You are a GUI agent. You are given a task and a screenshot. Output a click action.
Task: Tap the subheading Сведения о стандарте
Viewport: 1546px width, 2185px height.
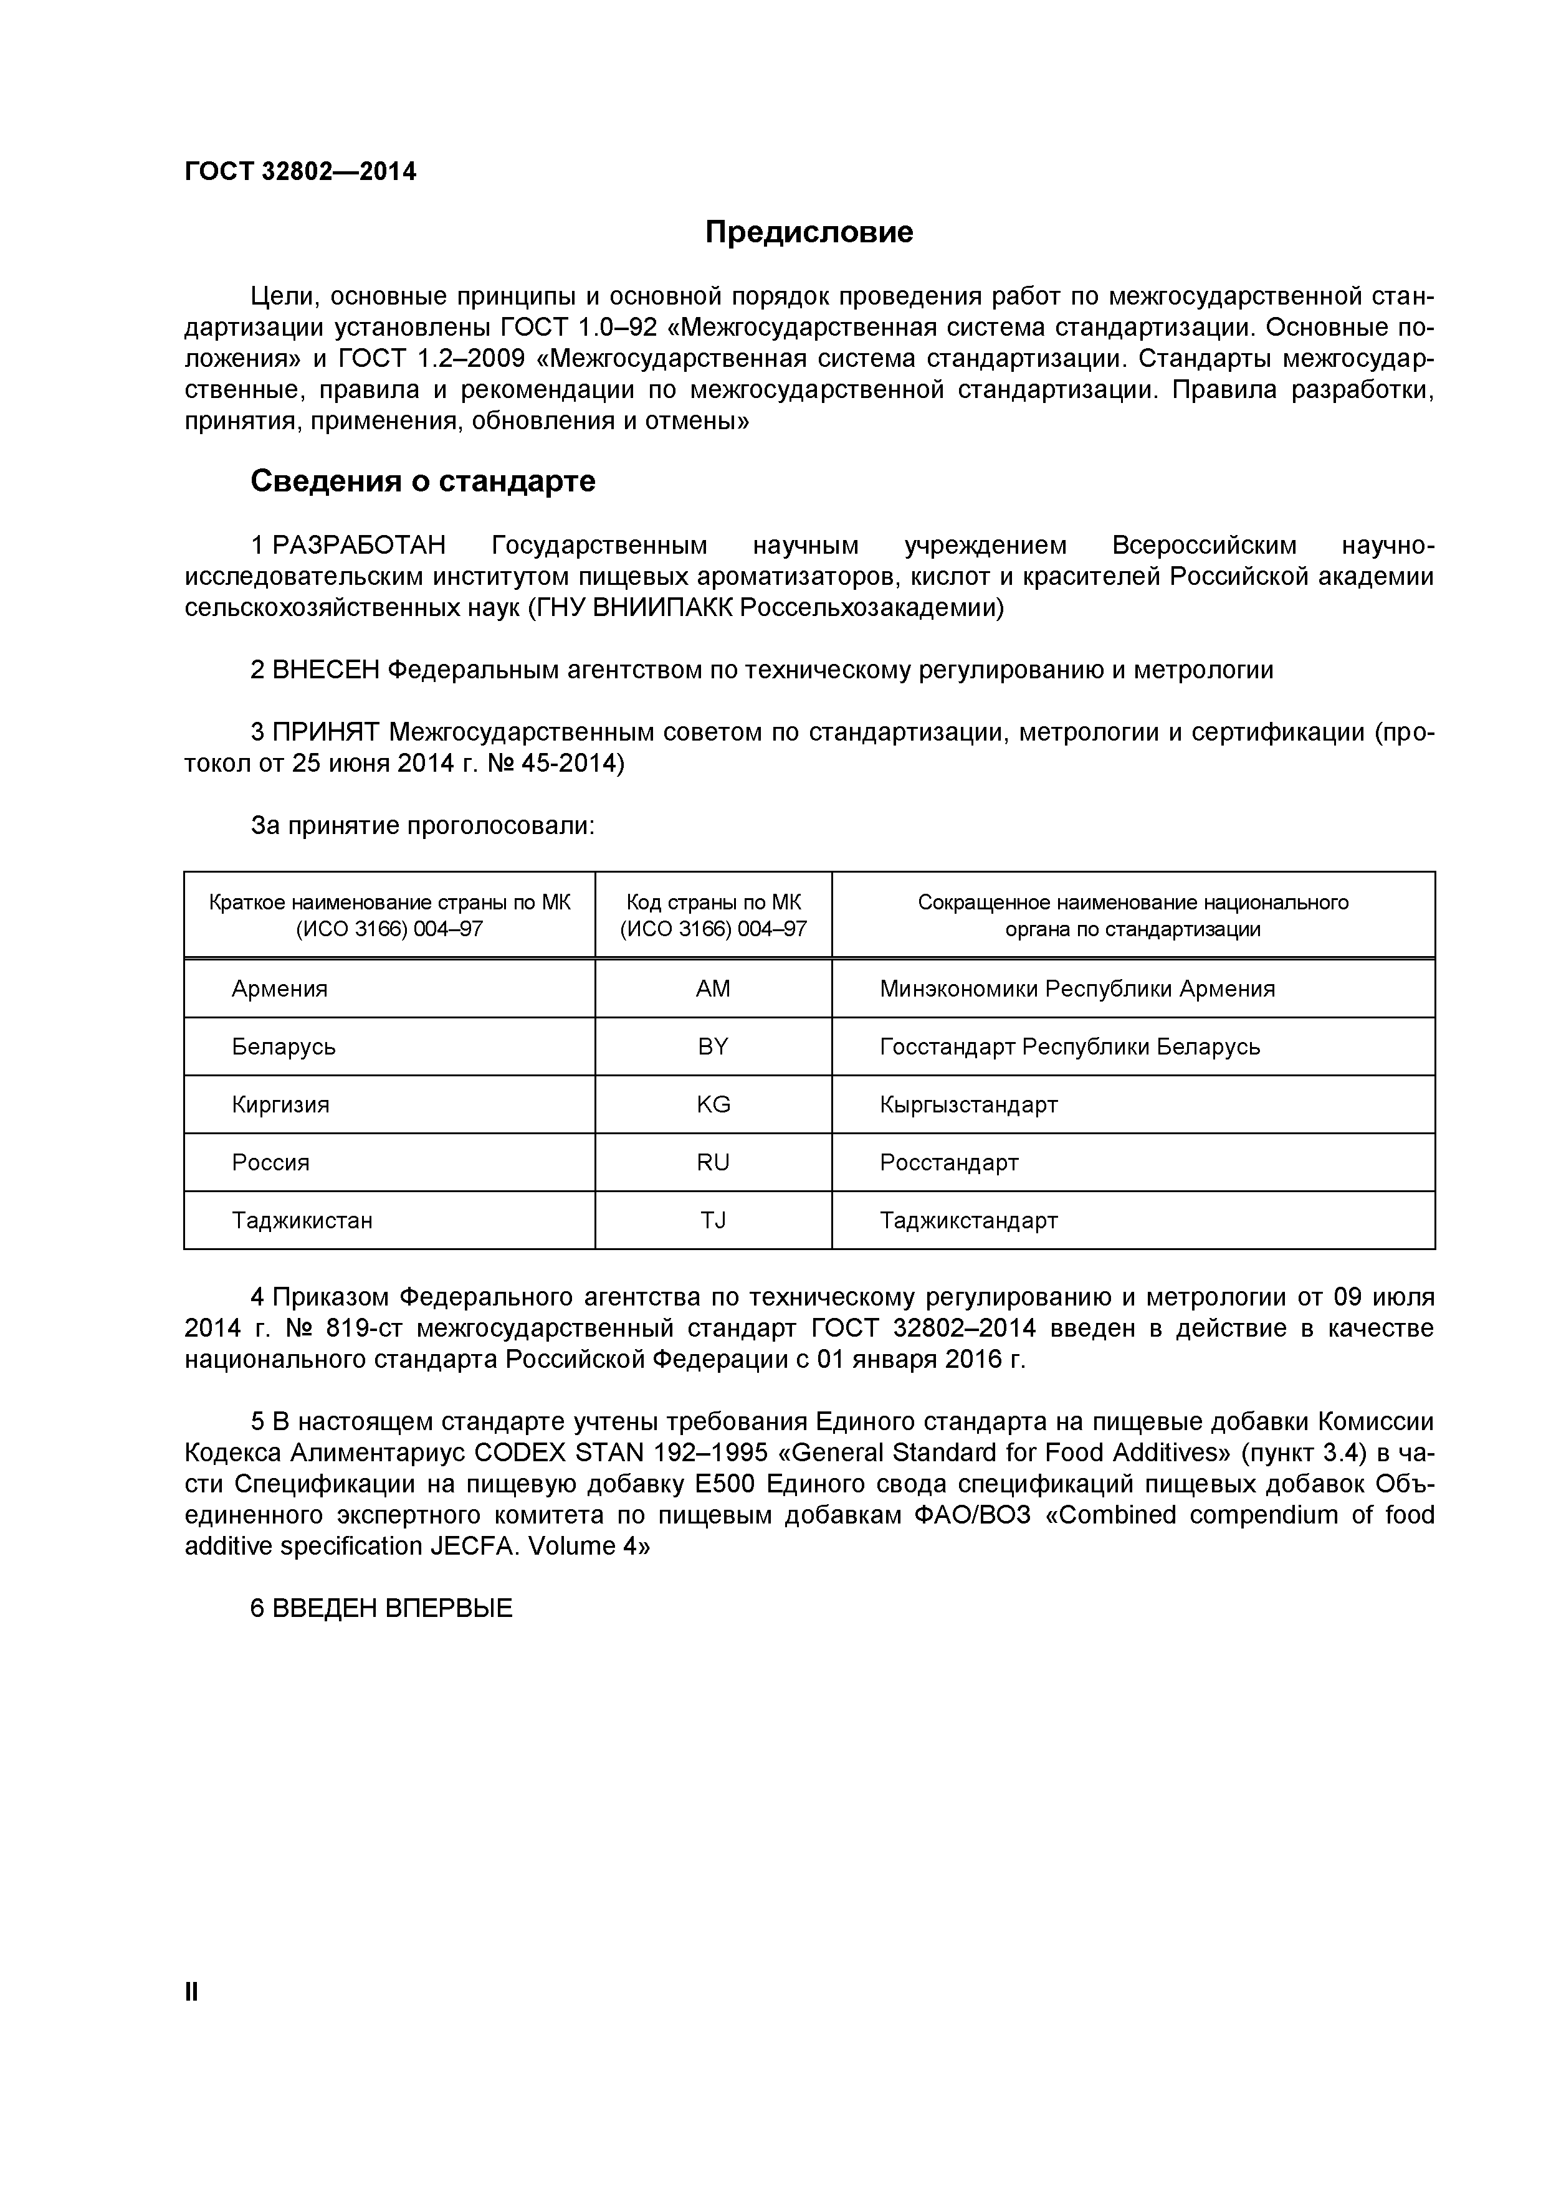pyautogui.click(x=422, y=481)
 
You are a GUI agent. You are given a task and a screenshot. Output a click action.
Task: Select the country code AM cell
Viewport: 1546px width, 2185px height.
pyautogui.click(x=713, y=988)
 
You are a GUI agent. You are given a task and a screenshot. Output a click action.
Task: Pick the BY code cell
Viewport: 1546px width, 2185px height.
pyautogui.click(x=713, y=1047)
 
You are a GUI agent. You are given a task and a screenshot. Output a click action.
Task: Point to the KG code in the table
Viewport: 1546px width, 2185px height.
pyautogui.click(x=713, y=1105)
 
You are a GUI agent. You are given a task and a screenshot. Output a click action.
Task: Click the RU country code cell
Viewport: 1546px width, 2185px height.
pyautogui.click(x=713, y=1163)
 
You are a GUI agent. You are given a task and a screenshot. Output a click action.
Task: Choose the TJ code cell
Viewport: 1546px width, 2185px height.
pyautogui.click(x=713, y=1221)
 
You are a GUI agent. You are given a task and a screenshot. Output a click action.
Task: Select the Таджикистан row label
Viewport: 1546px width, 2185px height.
pyautogui.click(x=302, y=1221)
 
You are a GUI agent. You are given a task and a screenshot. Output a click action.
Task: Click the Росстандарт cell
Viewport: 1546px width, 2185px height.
pyautogui.click(x=949, y=1163)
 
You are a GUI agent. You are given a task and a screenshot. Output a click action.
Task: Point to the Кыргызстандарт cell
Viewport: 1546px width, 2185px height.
pyautogui.click(x=968, y=1106)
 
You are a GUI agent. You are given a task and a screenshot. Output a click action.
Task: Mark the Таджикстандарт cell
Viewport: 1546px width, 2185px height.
pyautogui.click(x=968, y=1221)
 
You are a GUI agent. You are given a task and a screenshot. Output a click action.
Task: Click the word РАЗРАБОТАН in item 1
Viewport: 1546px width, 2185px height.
pyautogui.click(x=359, y=546)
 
